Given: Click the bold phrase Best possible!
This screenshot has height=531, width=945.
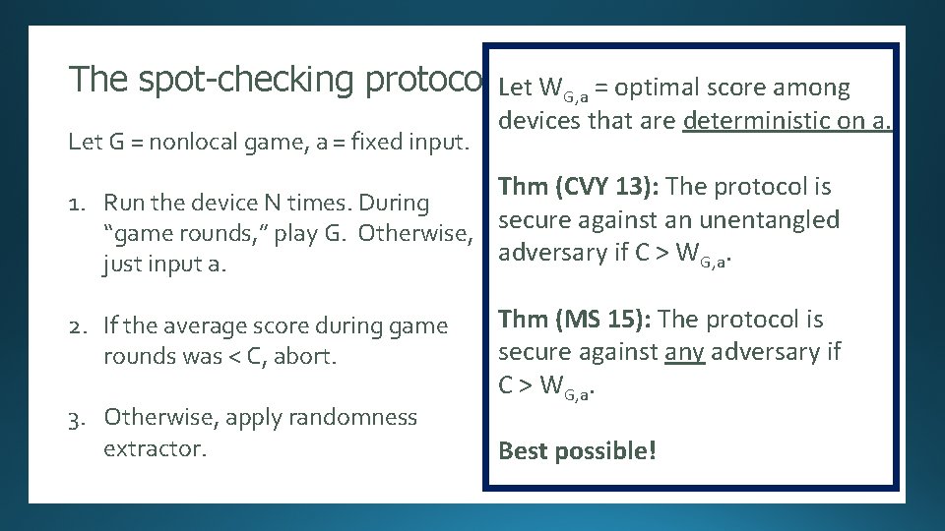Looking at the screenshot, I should click(577, 451).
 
